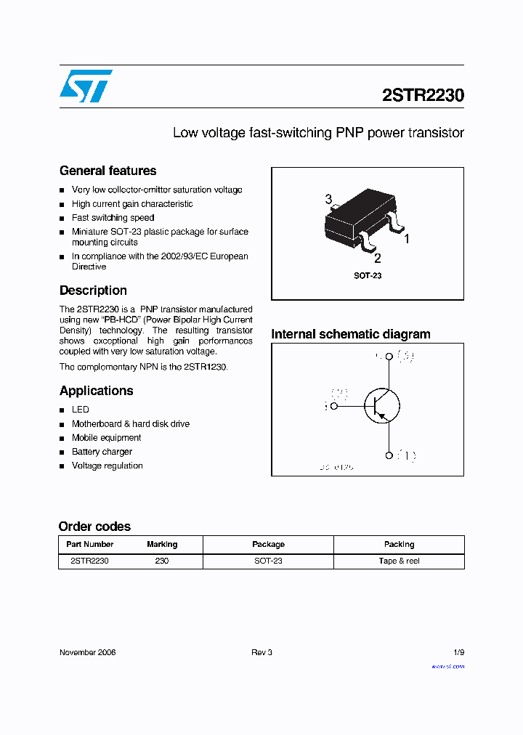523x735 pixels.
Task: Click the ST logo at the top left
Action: coord(86,86)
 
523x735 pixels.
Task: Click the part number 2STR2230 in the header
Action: coord(423,95)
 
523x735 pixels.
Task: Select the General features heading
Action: coord(108,171)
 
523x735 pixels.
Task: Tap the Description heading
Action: coord(93,291)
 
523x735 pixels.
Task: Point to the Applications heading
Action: coord(97,391)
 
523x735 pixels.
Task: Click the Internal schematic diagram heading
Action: coord(350,334)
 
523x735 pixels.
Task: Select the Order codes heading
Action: coord(94,527)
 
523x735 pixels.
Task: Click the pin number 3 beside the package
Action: coord(329,200)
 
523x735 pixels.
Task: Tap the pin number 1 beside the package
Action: coord(407,238)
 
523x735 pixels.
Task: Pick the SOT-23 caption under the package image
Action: coord(368,276)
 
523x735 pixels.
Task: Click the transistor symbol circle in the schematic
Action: coord(381,406)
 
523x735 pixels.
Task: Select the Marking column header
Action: coord(162,544)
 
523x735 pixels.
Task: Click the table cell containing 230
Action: coord(162,561)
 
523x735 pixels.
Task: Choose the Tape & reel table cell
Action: coord(399,561)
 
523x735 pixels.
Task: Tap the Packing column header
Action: coord(399,544)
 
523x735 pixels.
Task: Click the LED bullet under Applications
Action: coord(80,410)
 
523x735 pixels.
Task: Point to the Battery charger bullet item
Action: coord(102,452)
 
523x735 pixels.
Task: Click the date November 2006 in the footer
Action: coord(87,652)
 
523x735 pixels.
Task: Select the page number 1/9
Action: coord(458,652)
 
